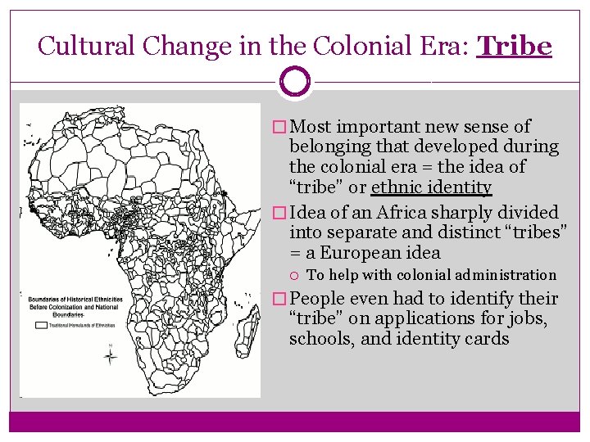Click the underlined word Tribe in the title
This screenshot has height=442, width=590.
515,46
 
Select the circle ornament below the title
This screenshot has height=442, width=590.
295,82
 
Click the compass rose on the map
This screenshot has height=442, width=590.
111,355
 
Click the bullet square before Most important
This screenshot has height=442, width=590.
280,127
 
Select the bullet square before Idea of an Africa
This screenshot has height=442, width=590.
280,213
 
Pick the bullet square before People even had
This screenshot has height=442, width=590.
280,299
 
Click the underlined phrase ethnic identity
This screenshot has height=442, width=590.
431,187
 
